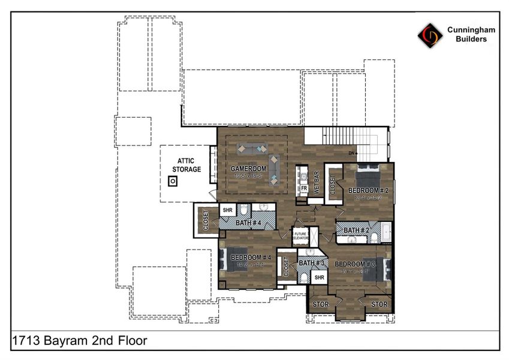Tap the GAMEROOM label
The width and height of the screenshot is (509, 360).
(248, 169)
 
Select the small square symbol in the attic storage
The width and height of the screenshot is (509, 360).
(173, 180)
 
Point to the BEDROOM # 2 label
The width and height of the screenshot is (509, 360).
(369, 190)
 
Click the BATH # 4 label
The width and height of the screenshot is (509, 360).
(248, 223)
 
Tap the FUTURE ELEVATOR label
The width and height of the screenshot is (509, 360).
(300, 236)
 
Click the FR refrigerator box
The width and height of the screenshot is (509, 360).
(304, 188)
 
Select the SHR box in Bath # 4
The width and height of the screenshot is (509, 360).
(228, 210)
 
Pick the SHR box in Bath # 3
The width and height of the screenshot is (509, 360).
(319, 277)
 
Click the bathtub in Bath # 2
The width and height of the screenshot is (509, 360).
(386, 231)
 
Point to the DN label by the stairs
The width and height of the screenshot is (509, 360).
(351, 154)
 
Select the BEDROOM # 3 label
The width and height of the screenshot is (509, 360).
(355, 264)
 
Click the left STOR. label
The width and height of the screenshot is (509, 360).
(321, 304)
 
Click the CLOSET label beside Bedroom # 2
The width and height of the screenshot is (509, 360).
(333, 184)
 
